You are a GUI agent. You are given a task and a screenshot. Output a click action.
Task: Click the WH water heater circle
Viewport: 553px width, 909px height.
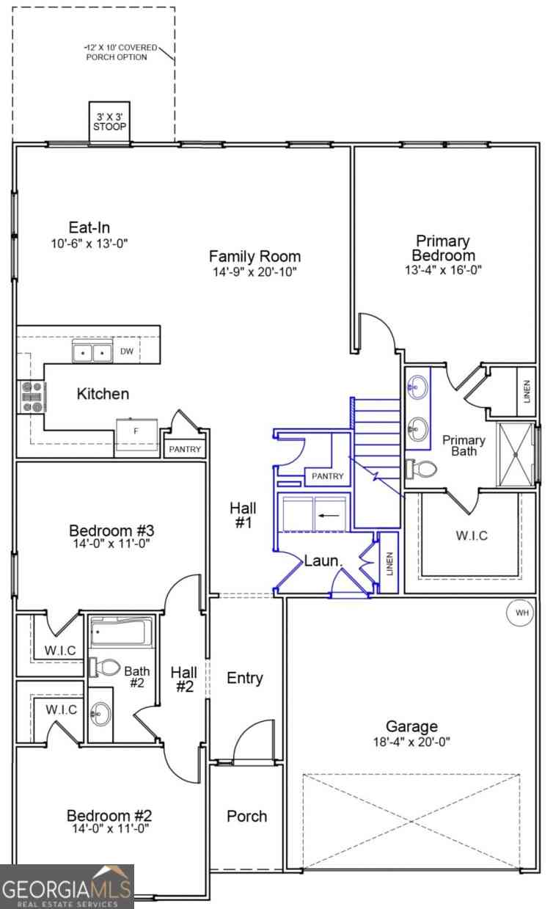521,613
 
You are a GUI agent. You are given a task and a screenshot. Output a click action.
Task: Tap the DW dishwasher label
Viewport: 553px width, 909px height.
127,351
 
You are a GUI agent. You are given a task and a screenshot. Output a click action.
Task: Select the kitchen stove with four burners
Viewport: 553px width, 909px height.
32,396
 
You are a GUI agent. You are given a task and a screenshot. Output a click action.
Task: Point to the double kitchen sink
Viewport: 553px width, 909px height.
92,352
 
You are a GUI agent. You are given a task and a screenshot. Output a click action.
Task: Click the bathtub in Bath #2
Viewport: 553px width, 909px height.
120,632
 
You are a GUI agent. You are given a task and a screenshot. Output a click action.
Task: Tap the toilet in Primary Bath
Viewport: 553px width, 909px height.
421,470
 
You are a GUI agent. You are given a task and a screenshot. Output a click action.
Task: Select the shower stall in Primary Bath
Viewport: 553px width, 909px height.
516,455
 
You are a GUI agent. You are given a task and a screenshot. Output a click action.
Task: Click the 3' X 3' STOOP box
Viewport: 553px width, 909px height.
109,122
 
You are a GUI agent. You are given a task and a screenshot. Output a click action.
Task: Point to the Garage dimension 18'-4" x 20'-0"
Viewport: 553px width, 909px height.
411,742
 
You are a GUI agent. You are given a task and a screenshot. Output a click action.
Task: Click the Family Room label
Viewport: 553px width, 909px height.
254,257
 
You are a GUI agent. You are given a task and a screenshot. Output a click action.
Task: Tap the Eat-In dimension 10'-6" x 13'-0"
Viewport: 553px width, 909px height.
89,244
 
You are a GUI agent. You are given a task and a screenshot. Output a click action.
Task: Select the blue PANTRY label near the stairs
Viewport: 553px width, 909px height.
327,476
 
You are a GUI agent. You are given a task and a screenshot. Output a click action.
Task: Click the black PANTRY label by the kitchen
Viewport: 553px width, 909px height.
185,449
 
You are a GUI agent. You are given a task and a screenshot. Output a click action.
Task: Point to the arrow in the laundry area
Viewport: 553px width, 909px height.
329,516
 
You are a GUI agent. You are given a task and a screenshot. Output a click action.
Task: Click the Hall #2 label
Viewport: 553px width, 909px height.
184,679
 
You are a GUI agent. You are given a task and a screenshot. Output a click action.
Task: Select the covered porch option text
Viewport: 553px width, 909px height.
120,52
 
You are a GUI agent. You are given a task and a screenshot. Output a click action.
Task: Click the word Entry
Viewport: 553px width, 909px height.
245,678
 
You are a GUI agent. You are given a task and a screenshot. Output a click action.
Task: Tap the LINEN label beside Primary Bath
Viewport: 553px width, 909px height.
527,391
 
